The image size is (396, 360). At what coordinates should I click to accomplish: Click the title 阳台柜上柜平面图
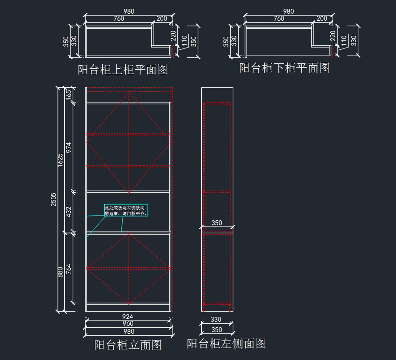point(123,70)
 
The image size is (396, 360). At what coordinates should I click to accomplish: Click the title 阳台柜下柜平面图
point(284,68)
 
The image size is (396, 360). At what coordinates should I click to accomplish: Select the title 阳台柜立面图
point(128,345)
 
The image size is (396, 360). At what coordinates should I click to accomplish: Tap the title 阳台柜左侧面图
point(226,344)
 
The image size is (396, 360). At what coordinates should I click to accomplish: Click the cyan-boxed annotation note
point(126,211)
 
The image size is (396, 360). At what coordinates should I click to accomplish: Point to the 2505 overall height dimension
point(54,200)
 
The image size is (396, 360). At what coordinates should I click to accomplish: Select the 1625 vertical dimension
point(61,160)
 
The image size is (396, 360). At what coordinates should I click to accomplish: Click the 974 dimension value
point(69,147)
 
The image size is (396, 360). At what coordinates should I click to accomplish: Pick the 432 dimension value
point(69,212)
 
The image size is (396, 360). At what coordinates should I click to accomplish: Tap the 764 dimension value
point(69,269)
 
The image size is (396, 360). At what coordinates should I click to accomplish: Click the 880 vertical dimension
point(61,272)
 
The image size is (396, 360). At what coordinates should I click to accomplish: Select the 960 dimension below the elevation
point(128,324)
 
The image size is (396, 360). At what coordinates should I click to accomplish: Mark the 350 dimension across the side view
point(217,223)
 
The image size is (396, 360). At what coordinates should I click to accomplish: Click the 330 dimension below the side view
point(216,319)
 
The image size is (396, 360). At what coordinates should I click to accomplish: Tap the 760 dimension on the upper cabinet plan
point(119,19)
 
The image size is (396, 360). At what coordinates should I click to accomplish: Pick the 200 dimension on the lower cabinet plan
point(322,19)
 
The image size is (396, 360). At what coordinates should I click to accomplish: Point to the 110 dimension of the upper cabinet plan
point(184,41)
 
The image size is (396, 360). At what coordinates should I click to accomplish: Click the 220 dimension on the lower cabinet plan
point(333,36)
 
